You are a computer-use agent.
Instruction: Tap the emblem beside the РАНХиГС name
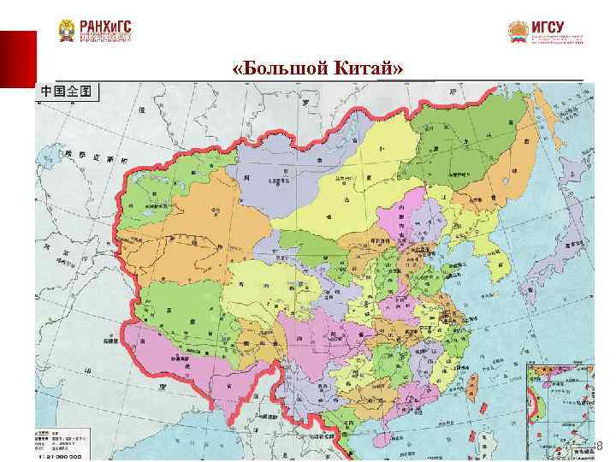click(66, 31)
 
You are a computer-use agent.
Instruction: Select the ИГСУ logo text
click(548, 27)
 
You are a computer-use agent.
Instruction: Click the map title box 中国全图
click(67, 92)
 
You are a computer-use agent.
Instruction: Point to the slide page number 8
click(598, 446)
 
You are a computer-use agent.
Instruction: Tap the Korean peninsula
click(496, 257)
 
